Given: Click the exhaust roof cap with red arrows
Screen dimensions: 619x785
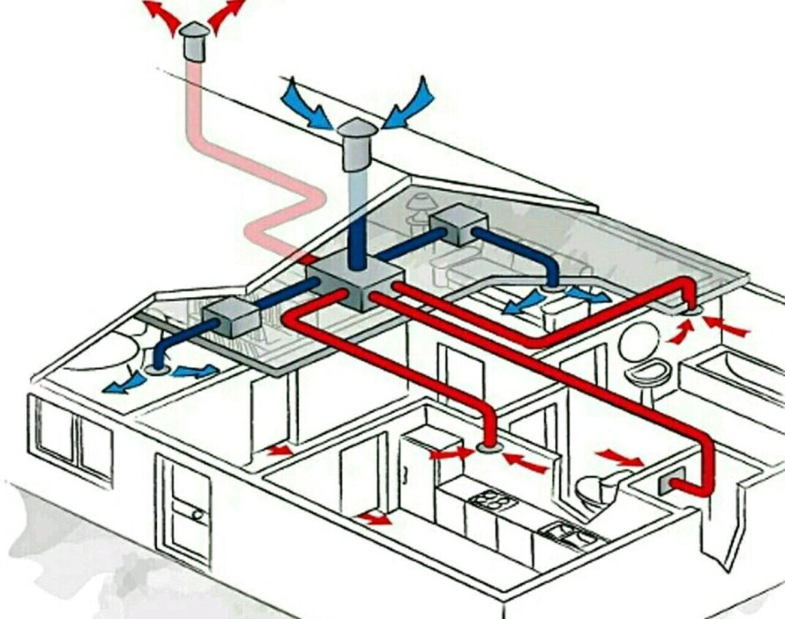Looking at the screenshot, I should click(x=195, y=40).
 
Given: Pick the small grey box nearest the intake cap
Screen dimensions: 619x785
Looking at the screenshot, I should click(x=458, y=224).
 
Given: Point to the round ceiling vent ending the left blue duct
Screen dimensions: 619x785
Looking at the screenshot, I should click(x=155, y=368).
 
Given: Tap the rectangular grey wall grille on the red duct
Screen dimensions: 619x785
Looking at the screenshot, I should click(x=673, y=482).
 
